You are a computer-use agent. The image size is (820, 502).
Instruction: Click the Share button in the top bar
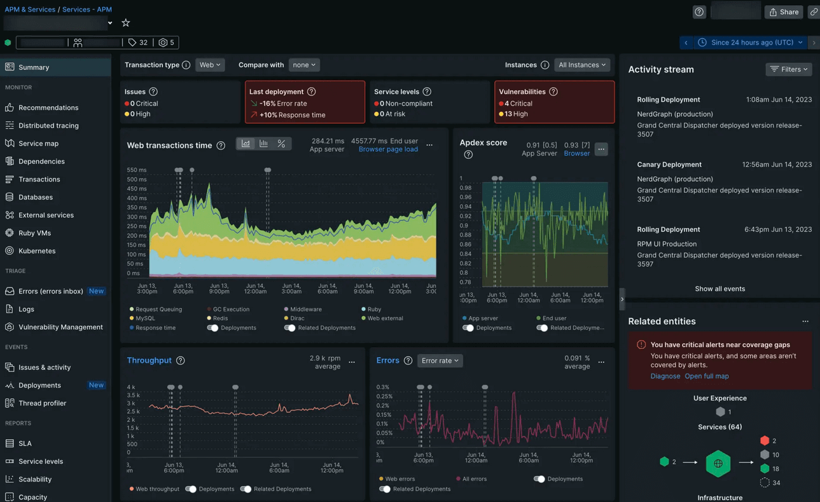click(x=784, y=12)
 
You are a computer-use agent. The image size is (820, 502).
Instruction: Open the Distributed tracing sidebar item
click(x=48, y=126)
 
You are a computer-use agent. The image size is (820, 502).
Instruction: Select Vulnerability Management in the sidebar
click(x=60, y=327)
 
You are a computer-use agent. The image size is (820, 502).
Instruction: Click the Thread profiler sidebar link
click(x=42, y=404)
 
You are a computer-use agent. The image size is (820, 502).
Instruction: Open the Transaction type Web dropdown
click(x=209, y=65)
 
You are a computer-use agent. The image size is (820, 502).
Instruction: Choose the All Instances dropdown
click(x=581, y=65)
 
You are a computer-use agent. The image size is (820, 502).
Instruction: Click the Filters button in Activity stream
click(x=788, y=69)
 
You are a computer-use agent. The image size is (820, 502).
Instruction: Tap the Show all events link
click(x=719, y=289)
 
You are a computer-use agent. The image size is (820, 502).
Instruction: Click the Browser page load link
click(x=388, y=149)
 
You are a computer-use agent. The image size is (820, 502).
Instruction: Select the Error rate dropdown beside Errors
click(x=440, y=361)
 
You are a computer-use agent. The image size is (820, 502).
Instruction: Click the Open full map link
click(x=706, y=376)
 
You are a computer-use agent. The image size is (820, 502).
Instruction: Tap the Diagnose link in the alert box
click(x=665, y=376)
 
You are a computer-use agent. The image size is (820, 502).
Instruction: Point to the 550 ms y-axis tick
click(x=136, y=170)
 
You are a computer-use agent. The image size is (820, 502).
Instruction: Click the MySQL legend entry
click(x=144, y=318)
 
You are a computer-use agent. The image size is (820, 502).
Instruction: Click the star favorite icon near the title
click(x=126, y=23)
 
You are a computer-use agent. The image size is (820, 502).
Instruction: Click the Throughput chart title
click(x=149, y=360)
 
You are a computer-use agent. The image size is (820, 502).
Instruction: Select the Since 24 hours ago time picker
click(x=752, y=43)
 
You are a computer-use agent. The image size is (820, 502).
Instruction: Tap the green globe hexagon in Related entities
click(x=718, y=464)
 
